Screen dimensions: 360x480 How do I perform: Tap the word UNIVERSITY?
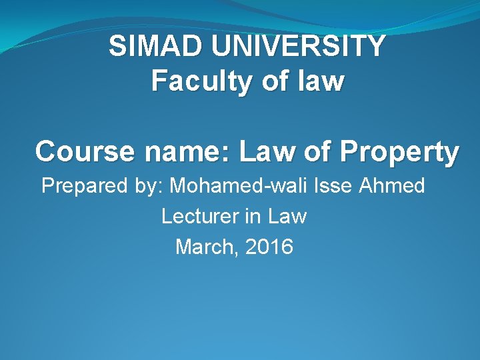297,46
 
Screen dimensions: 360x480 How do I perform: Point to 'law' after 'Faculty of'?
318,81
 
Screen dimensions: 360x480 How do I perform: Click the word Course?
81,152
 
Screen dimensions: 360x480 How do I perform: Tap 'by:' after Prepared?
146,186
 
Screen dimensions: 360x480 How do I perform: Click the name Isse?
334,185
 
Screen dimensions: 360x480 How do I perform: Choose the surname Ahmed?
392,185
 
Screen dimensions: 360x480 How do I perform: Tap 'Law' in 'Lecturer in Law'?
289,216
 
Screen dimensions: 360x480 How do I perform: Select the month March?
206,247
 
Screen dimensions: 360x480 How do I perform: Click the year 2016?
269,247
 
